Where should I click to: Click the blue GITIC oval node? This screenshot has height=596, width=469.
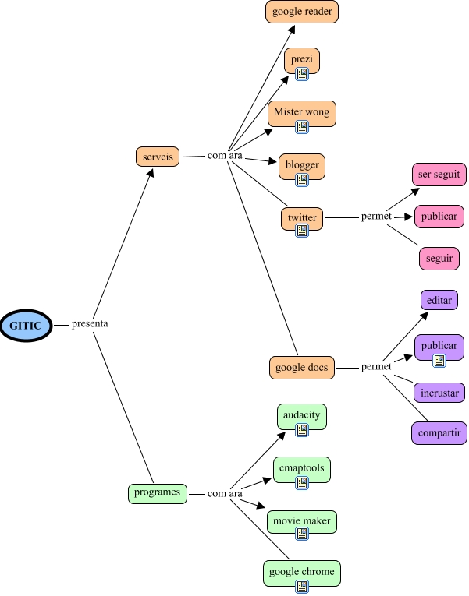(26, 324)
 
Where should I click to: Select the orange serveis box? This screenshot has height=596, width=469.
(158, 157)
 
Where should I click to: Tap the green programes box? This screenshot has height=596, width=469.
(157, 492)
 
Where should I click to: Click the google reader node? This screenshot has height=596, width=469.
(302, 12)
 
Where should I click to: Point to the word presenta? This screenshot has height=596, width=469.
(90, 323)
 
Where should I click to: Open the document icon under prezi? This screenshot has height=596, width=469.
(302, 74)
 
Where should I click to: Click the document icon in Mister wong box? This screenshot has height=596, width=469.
(302, 126)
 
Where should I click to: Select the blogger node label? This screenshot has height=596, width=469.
(302, 164)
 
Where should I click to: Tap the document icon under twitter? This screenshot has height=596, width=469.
(302, 231)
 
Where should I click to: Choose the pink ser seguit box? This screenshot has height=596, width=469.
(439, 175)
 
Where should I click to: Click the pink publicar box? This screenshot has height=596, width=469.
(439, 215)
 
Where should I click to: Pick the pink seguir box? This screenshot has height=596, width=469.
(439, 258)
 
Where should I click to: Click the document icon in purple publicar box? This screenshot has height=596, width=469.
(439, 360)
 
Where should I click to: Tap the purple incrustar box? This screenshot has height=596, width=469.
(439, 392)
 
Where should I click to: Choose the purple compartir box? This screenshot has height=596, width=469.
(439, 432)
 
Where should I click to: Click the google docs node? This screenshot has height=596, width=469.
(302, 367)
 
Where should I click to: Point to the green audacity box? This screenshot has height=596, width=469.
(302, 415)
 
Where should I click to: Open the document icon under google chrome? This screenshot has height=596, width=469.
(302, 586)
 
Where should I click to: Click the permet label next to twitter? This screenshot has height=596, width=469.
(376, 217)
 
